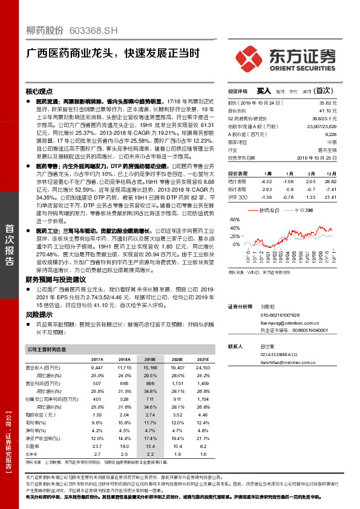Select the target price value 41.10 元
[327, 111]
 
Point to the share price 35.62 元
[327, 103]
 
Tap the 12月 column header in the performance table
[330, 172]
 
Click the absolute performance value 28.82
[330, 181]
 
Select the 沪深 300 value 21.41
[330, 197]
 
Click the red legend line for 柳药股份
[254, 210]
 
